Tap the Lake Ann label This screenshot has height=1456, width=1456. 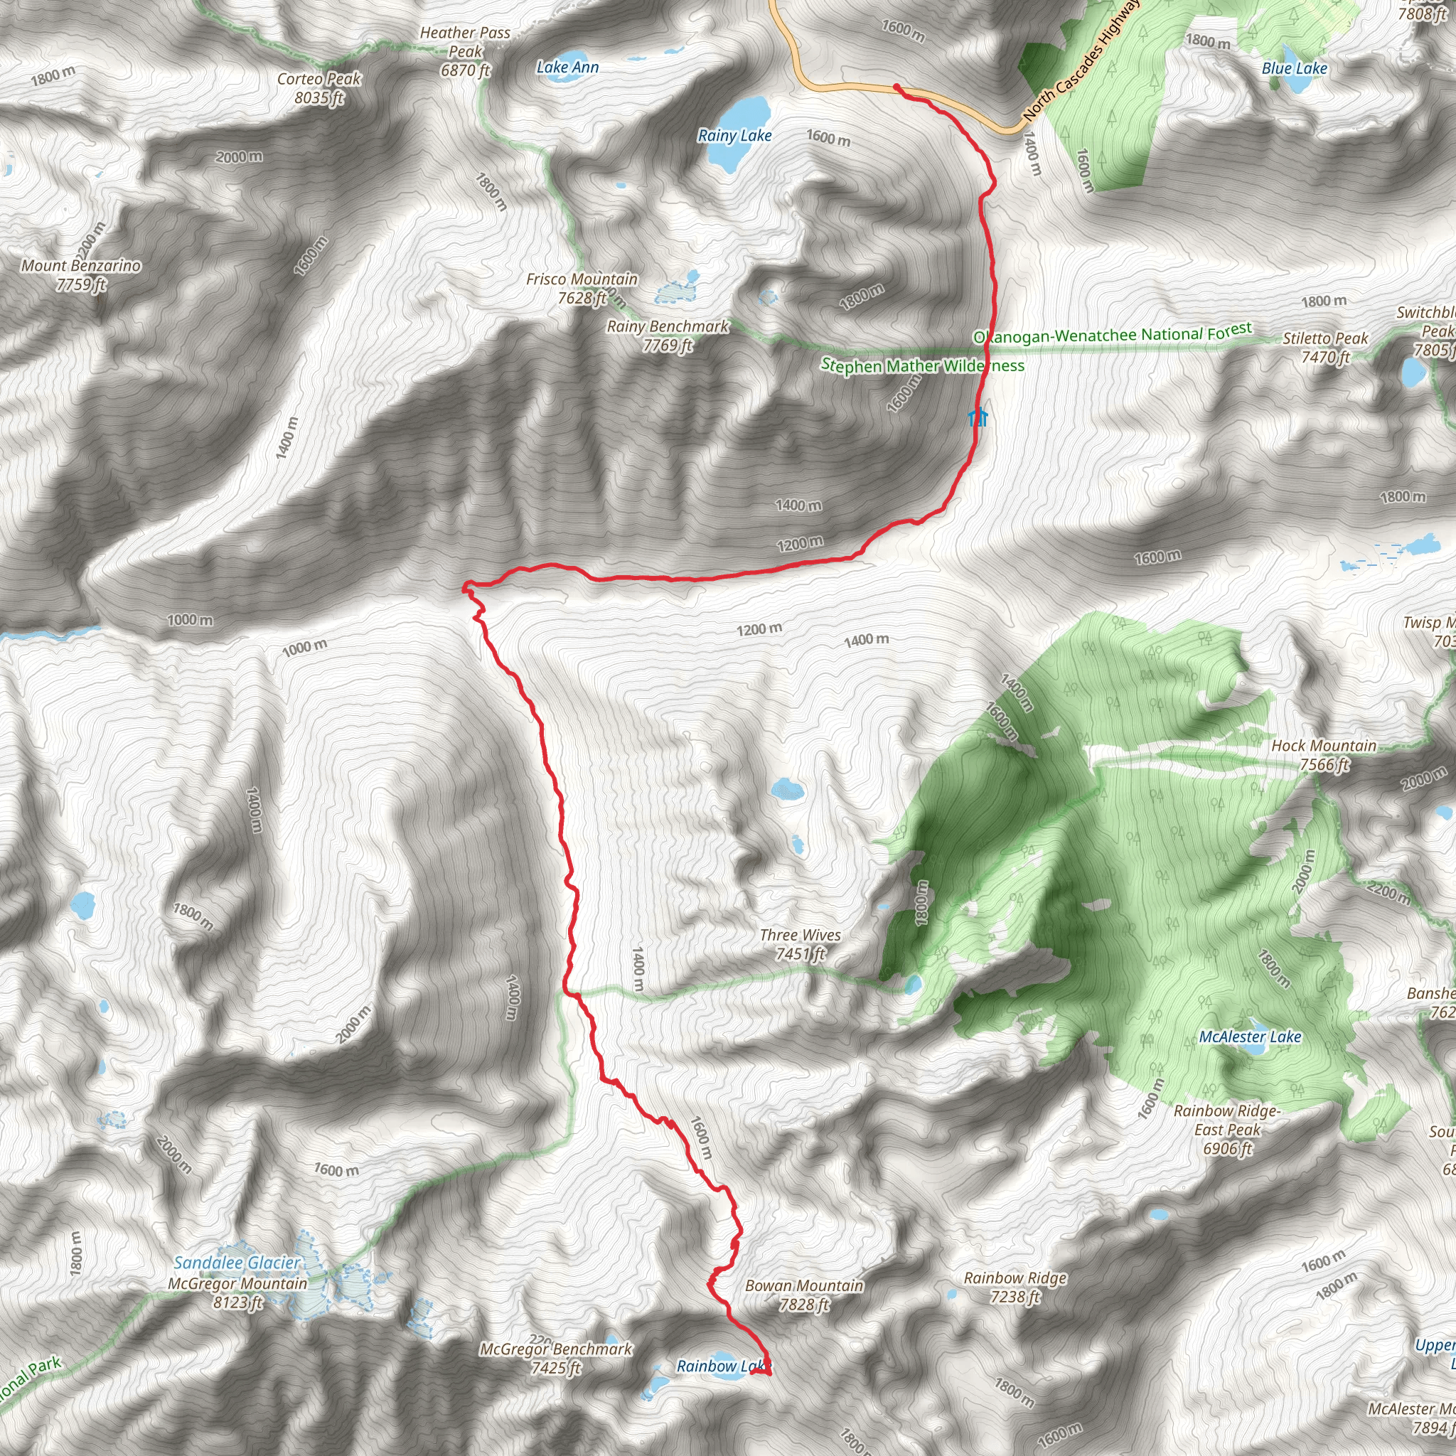pyautogui.click(x=567, y=68)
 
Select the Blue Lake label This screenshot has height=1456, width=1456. pyautogui.click(x=1294, y=68)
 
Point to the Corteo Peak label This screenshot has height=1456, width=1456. pyautogui.click(x=318, y=88)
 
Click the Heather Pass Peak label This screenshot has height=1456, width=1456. pyautogui.click(x=465, y=51)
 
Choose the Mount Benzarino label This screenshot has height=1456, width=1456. pyautogui.click(x=80, y=274)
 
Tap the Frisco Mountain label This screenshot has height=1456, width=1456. pyautogui.click(x=582, y=289)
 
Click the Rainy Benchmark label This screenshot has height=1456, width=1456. pyautogui.click(x=668, y=336)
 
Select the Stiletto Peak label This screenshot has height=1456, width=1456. pyautogui.click(x=1325, y=348)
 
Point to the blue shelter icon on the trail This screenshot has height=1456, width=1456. pyautogui.click(x=978, y=417)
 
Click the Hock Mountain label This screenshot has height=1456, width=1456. pyautogui.click(x=1324, y=755)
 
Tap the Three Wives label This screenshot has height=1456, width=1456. pyautogui.click(x=801, y=944)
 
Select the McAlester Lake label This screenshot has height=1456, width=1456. pyautogui.click(x=1251, y=1037)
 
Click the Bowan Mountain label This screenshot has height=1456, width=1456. pyautogui.click(x=804, y=1295)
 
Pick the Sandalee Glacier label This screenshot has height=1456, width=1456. pyautogui.click(x=237, y=1263)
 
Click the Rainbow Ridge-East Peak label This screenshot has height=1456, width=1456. pyautogui.click(x=1227, y=1130)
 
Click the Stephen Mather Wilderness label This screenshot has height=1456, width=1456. pyautogui.click(x=922, y=366)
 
